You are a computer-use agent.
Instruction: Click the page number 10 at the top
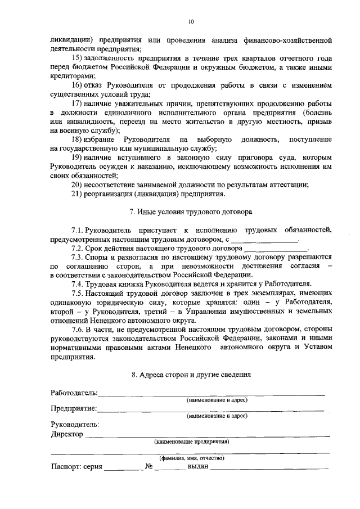point(191,21)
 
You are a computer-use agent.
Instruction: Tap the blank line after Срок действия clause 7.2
point(276,248)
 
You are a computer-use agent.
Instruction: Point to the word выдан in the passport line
point(198,466)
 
